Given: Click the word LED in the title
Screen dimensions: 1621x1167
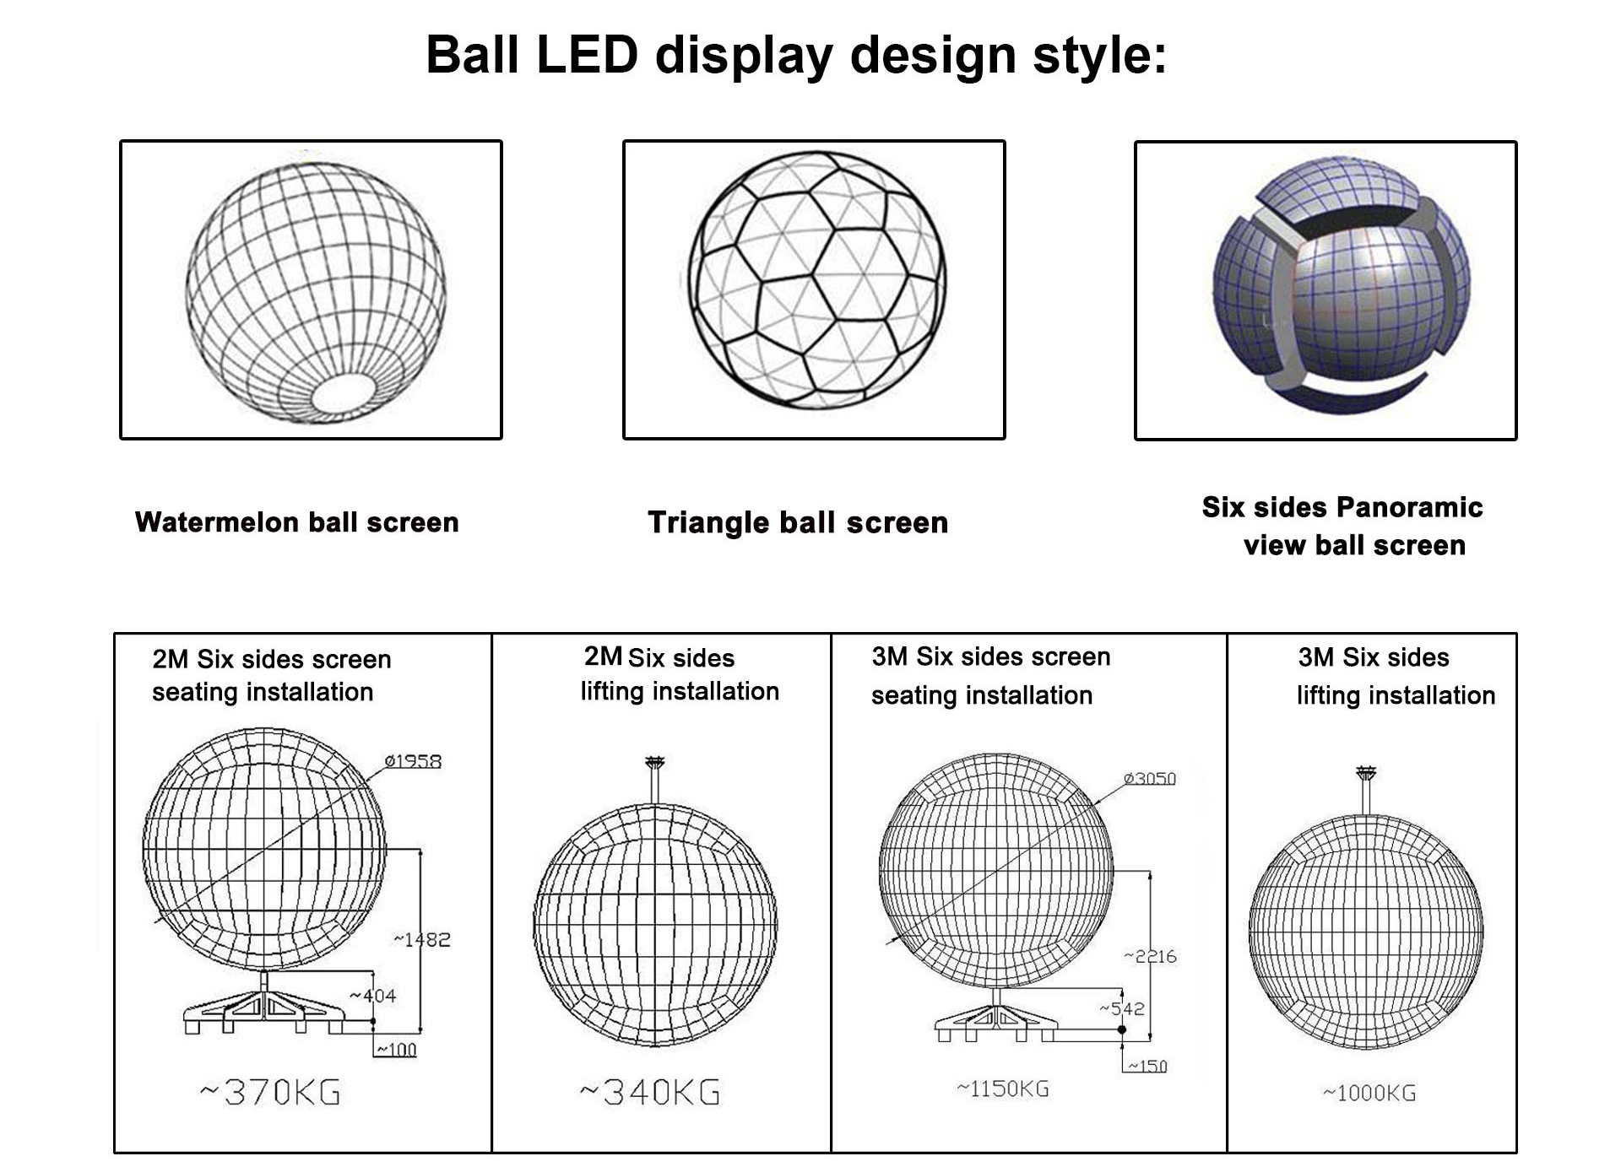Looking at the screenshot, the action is point(586,56).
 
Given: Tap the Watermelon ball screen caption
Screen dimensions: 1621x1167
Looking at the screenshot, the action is point(296,522).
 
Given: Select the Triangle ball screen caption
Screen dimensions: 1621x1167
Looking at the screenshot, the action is point(798,522).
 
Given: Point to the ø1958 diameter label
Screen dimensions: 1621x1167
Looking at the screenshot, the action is point(413,761).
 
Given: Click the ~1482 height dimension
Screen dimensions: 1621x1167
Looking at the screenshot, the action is point(422,939).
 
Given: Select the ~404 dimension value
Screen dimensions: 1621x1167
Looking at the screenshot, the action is point(373,996).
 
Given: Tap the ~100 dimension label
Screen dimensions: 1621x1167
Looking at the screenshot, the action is point(396,1050).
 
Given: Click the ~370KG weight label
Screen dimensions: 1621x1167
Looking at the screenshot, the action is point(270,1093).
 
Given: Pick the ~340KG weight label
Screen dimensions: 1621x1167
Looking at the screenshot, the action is point(650,1093).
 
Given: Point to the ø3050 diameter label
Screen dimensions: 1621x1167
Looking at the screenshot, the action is point(1149,778).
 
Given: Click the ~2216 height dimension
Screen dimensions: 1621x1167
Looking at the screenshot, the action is point(1150,956).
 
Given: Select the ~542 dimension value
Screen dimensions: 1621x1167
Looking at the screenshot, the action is point(1122,1008).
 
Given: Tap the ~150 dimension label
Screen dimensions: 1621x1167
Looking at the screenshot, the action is point(1148,1066).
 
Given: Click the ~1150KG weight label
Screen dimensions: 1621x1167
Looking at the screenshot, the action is point(1003,1089).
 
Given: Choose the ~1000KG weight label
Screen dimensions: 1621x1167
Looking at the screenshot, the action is point(1369,1094).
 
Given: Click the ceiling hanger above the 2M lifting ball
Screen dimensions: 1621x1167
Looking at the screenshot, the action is point(654,764).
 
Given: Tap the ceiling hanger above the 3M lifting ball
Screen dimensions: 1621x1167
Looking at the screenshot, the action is point(1366,773).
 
